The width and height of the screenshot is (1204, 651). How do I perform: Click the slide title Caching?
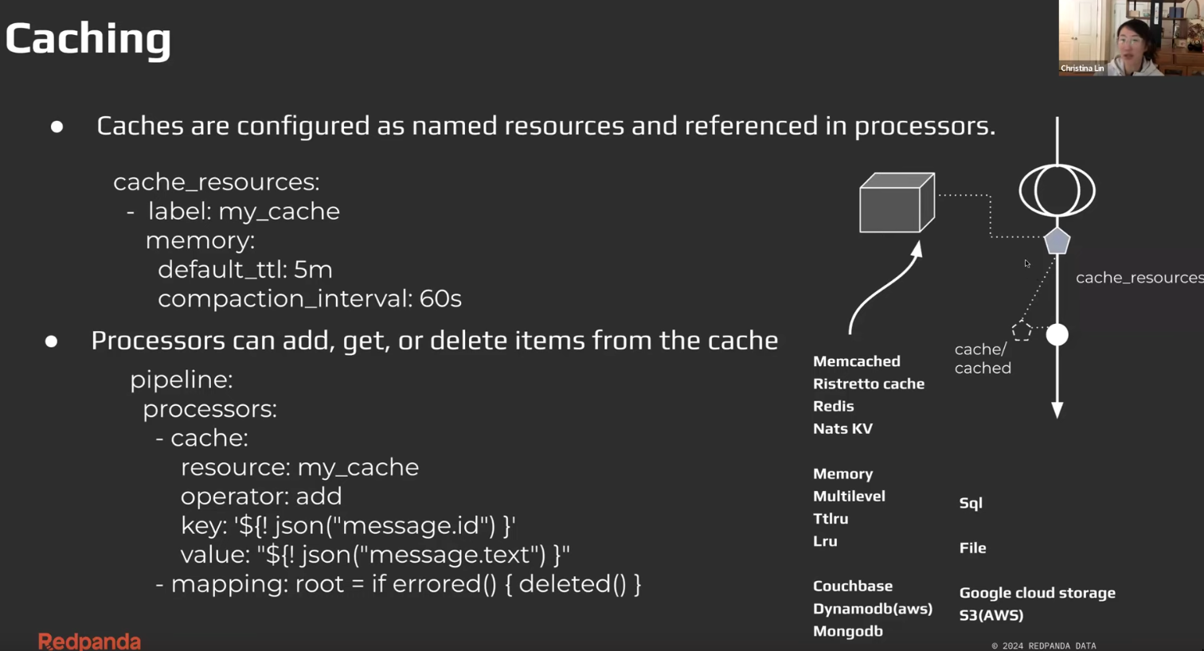(88, 38)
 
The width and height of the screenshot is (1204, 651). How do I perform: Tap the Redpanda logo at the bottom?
(89, 641)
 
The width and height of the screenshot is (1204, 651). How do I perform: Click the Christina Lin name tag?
(1082, 68)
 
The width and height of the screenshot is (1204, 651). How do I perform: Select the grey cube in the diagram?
(897, 203)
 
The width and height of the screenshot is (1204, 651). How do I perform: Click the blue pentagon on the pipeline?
(1057, 240)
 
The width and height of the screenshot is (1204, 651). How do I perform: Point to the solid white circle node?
(1057, 335)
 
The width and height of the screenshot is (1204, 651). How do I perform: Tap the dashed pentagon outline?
(1022, 330)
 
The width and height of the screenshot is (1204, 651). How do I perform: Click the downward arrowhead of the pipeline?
(1057, 410)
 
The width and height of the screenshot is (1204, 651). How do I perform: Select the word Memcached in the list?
(856, 361)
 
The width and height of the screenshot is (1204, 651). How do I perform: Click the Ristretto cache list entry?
(868, 384)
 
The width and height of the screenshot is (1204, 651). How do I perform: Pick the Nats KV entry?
(842, 428)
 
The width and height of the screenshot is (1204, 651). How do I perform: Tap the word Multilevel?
(849, 496)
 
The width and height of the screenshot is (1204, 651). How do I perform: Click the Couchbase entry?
(852, 586)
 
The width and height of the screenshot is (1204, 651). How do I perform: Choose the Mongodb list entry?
(847, 631)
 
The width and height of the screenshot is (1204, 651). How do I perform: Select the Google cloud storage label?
(1037, 593)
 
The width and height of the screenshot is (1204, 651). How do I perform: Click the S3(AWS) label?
(991, 615)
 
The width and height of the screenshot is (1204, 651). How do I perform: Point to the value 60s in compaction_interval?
(440, 298)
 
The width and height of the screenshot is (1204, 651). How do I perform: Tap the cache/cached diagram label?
(983, 359)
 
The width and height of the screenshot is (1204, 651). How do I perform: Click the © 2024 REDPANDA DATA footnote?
(1043, 645)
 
